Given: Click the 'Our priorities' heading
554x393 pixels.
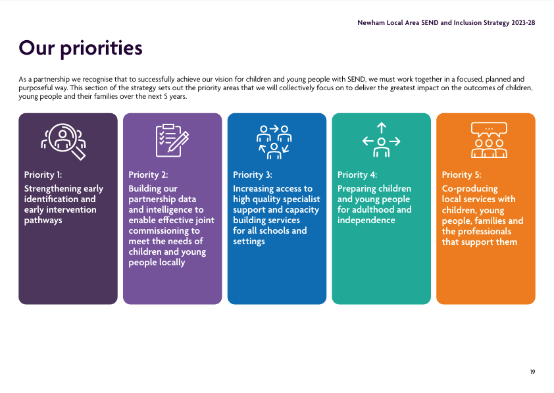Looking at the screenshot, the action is pyautogui.click(x=80, y=49).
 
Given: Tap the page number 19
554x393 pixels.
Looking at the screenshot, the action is pyautogui.click(x=532, y=372).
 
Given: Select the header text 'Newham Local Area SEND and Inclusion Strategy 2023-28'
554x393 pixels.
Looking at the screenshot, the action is pyautogui.click(x=446, y=23).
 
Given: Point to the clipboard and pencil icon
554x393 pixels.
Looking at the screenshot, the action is pyautogui.click(x=172, y=140).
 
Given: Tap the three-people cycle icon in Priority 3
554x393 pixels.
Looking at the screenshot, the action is pyautogui.click(x=274, y=142).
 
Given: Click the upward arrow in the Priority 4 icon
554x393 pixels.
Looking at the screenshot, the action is pyautogui.click(x=381, y=128).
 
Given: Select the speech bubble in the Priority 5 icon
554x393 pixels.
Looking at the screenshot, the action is pyautogui.click(x=489, y=129).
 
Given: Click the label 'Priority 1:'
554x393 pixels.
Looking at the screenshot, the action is pyautogui.click(x=43, y=175).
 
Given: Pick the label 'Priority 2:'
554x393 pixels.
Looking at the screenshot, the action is pyautogui.click(x=149, y=175).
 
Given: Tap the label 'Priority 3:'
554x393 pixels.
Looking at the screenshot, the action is pyautogui.click(x=253, y=175).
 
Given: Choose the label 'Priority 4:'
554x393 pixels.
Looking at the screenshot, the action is pyautogui.click(x=357, y=175).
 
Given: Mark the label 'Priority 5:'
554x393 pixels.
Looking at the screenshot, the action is pyautogui.click(x=461, y=175).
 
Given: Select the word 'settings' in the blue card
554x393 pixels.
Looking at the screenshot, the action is pyautogui.click(x=249, y=242).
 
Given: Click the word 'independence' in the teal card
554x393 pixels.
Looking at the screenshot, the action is pyautogui.click(x=366, y=220).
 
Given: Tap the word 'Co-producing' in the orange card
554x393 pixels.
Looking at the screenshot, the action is pyautogui.click(x=470, y=189).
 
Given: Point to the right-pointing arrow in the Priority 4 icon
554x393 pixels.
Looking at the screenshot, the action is pyautogui.click(x=395, y=142).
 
